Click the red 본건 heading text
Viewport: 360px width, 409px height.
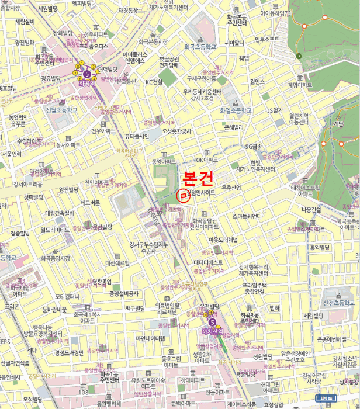(x=199, y=178)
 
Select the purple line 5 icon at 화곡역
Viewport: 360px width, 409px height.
(x=88, y=75)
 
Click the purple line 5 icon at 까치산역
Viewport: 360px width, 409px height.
(x=212, y=321)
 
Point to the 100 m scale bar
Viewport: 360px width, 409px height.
(x=328, y=398)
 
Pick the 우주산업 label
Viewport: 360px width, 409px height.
(x=231, y=188)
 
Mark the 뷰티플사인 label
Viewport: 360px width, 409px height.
(x=137, y=136)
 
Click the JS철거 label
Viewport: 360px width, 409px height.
(x=275, y=110)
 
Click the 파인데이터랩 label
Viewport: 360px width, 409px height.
(x=151, y=338)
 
